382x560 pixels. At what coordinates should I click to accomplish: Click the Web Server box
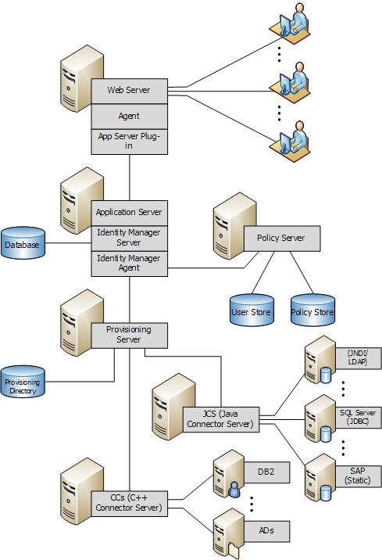[x=129, y=91]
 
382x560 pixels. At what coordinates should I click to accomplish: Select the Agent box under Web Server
[x=129, y=116]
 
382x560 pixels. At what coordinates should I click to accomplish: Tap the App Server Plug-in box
[x=129, y=141]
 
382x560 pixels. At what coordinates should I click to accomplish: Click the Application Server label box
[x=129, y=213]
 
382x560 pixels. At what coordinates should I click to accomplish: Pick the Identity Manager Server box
[x=129, y=238]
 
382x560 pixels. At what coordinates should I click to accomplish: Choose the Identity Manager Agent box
[x=129, y=263]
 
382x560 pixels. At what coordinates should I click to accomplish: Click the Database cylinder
[x=23, y=245]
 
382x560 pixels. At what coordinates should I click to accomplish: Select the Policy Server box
[x=281, y=239]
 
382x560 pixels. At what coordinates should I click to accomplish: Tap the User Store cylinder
[x=252, y=311]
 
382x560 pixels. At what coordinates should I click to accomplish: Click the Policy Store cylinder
[x=312, y=311]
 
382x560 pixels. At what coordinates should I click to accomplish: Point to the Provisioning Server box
[x=129, y=335]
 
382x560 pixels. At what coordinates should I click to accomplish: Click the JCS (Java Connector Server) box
[x=220, y=419]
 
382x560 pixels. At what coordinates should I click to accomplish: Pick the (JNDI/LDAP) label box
[x=357, y=357]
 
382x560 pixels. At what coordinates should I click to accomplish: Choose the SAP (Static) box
[x=357, y=476]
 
